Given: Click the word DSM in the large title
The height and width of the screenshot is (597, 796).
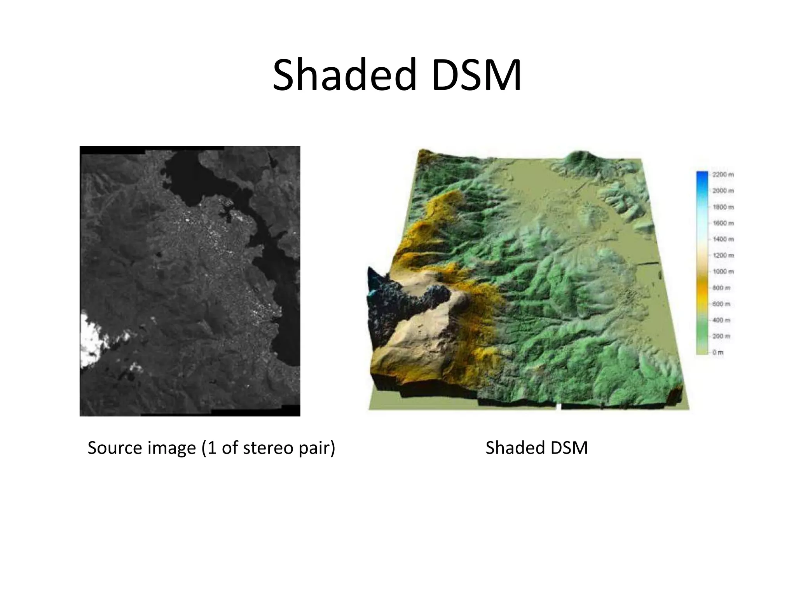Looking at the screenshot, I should click(476, 75).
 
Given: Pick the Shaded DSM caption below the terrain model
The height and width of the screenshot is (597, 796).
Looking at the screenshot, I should click(536, 448).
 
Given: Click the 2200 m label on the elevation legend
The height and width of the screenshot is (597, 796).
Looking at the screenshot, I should click(723, 175).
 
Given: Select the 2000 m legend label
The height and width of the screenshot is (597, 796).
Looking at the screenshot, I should click(723, 191).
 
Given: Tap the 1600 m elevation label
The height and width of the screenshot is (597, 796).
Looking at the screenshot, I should click(723, 223).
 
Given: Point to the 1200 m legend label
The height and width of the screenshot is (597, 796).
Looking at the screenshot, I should click(723, 255).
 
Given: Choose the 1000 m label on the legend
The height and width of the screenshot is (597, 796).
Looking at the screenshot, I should click(723, 272).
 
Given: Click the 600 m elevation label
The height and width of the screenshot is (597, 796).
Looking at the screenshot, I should click(721, 304).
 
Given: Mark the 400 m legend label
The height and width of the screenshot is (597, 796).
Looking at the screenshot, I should click(721, 320).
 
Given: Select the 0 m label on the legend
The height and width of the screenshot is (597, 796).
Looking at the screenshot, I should click(718, 353).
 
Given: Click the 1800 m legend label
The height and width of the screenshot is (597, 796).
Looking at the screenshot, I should click(723, 207).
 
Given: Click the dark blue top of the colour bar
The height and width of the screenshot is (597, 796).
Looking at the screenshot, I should click(702, 176).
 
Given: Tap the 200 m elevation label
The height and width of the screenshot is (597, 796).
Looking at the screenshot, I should click(721, 336).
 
